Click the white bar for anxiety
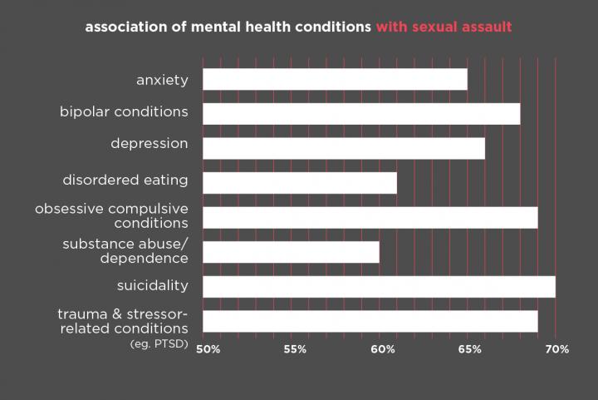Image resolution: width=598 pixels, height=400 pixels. [x=335, y=79]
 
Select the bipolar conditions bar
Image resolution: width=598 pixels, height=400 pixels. [x=361, y=114]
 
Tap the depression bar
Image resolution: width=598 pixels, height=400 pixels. [x=344, y=149]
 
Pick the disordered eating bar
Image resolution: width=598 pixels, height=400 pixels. [x=300, y=183]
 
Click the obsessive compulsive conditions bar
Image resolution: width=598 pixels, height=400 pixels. [x=370, y=218]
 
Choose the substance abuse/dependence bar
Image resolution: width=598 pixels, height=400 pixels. [x=291, y=252]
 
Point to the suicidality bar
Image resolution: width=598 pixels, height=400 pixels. [x=379, y=287]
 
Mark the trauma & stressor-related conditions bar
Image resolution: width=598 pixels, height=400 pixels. [x=370, y=321]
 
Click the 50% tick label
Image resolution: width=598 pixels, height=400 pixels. [x=208, y=349]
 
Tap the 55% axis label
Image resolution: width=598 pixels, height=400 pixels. [x=295, y=349]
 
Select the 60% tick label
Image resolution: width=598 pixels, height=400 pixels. [x=383, y=349]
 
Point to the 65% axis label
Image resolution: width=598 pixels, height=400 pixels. [x=470, y=349]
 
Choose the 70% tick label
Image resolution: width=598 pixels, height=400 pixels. [x=557, y=349]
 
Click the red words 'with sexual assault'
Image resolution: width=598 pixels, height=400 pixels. [x=444, y=27]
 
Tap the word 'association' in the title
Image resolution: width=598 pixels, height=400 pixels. [x=126, y=27]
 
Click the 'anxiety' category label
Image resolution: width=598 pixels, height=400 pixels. [x=162, y=81]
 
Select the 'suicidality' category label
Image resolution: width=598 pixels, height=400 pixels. [x=153, y=285]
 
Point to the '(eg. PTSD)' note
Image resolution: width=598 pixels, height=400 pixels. [x=159, y=344]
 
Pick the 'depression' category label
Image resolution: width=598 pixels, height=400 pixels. [x=149, y=144]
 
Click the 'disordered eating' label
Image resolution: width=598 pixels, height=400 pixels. [x=125, y=180]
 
